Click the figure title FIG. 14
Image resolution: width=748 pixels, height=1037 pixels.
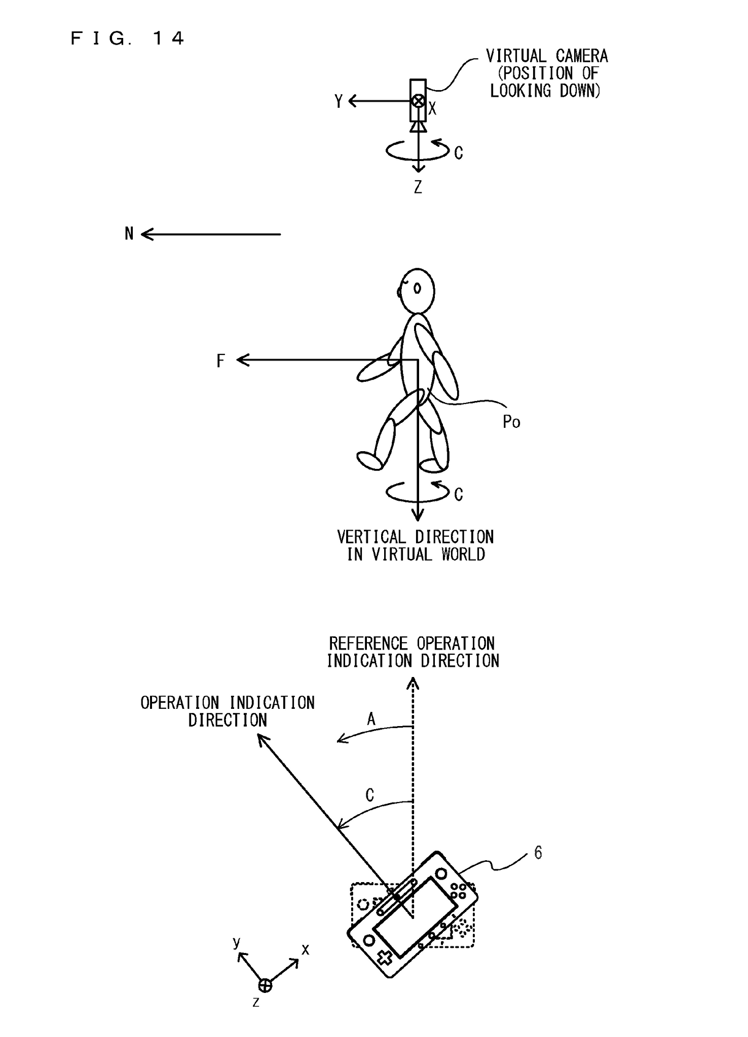pyautogui.click(x=127, y=38)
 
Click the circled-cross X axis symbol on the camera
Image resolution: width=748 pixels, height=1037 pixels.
pyautogui.click(x=418, y=101)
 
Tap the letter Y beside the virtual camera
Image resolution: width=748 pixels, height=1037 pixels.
pyautogui.click(x=339, y=102)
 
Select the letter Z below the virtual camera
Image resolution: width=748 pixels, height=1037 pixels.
pyautogui.click(x=418, y=188)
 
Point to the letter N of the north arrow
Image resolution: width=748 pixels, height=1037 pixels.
pyautogui.click(x=129, y=234)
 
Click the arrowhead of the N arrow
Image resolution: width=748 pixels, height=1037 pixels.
pyautogui.click(x=144, y=234)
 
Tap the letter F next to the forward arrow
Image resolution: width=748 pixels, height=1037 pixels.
pyautogui.click(x=220, y=361)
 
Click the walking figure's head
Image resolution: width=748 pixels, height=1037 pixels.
pyautogui.click(x=417, y=290)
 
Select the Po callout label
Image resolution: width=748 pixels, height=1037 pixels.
pyautogui.click(x=511, y=422)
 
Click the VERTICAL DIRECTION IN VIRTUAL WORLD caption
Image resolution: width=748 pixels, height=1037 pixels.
pyautogui.click(x=416, y=546)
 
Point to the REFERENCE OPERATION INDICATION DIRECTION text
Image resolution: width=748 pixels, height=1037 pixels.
pyautogui.click(x=413, y=652)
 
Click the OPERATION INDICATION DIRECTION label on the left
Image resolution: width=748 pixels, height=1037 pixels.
pyautogui.click(x=228, y=711)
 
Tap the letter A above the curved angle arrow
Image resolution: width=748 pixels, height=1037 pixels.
pyautogui.click(x=371, y=719)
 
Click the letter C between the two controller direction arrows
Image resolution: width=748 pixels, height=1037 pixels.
pyautogui.click(x=370, y=795)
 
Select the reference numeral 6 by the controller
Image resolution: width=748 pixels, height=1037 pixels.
pyautogui.click(x=538, y=853)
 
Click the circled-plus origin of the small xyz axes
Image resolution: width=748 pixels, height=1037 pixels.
pyautogui.click(x=265, y=985)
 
